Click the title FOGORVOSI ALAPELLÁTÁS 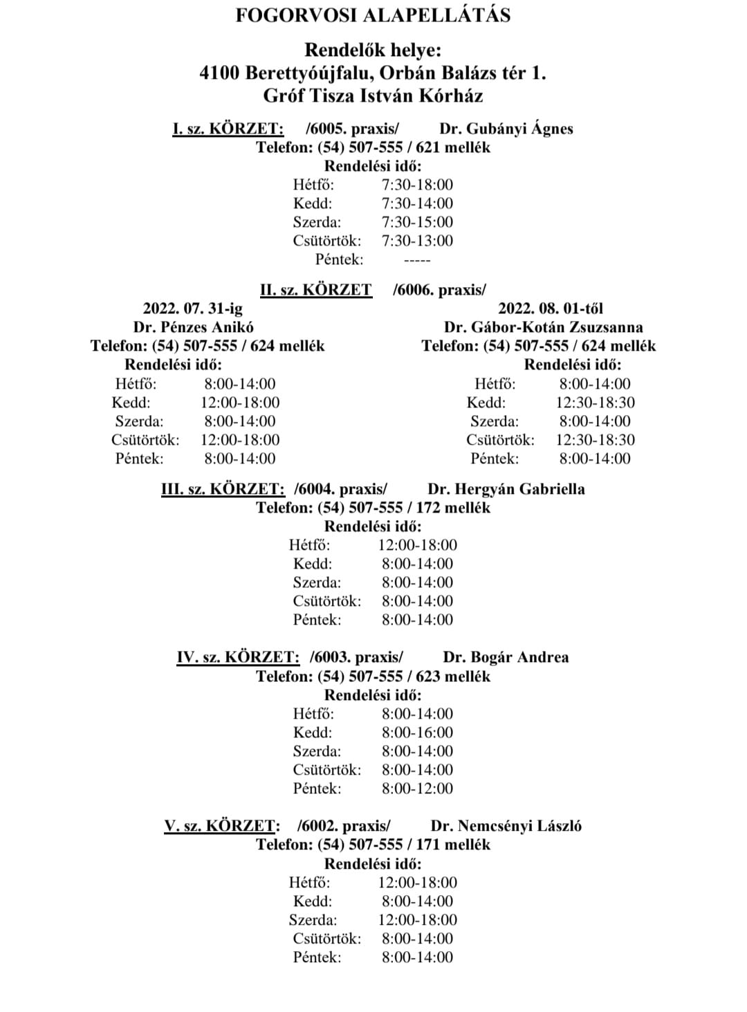coord(373,16)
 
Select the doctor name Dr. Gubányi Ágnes coord(506,129)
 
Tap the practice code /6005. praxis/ coord(352,129)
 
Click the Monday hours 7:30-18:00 coord(417,185)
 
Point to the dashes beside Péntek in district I coord(416,260)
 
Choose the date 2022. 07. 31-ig coord(193,309)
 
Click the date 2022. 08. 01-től coord(551,309)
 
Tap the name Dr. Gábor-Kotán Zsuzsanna coord(543,327)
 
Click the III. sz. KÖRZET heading coord(223,489)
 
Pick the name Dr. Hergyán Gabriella coord(506,489)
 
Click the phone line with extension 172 coord(373,508)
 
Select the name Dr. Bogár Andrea coord(506,657)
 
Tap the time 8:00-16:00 coord(417,733)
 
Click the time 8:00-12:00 coord(417,789)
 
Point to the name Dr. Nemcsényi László coord(506,826)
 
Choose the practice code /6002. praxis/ coord(344,826)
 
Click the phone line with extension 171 coord(373,845)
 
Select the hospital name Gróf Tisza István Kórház coord(373,95)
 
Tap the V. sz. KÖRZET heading coord(222,826)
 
